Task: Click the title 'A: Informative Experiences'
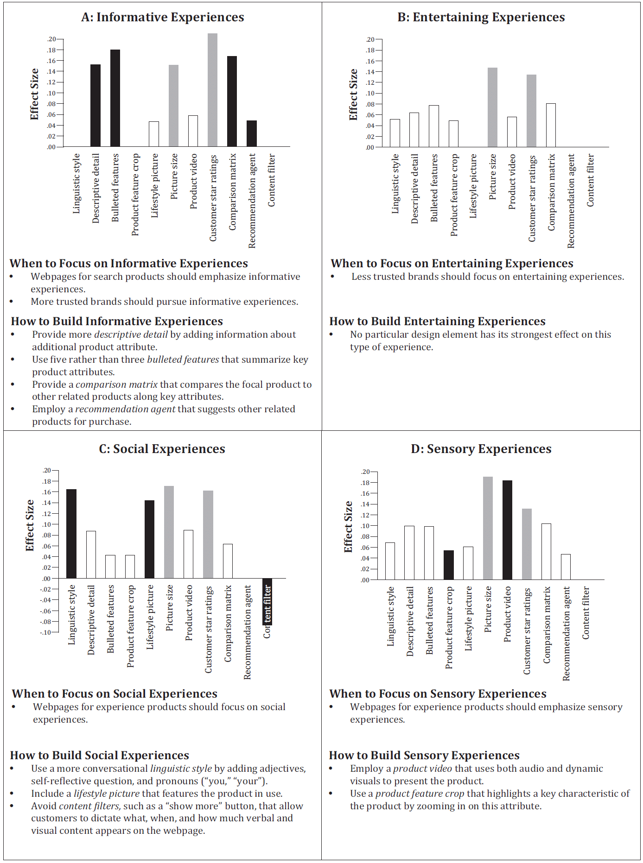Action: pos(162,18)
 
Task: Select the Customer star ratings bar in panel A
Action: pos(212,90)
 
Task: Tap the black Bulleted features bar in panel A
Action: pos(115,98)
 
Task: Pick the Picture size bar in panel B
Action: pos(492,107)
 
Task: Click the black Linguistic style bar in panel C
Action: pos(71,534)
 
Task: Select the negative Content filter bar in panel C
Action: pos(267,601)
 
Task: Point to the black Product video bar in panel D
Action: pos(507,530)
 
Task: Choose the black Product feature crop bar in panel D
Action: pos(449,565)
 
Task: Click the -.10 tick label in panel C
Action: pos(46,632)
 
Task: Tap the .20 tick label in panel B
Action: pos(370,39)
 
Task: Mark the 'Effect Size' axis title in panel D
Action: pos(348,527)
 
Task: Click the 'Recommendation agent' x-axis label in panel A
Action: pos(252,201)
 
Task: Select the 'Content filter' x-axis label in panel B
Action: pos(590,181)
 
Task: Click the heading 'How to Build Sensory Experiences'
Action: pos(424,756)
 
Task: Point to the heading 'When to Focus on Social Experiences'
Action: pos(115,693)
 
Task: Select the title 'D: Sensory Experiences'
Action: pos(481,449)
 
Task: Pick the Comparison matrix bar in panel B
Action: pos(551,125)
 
